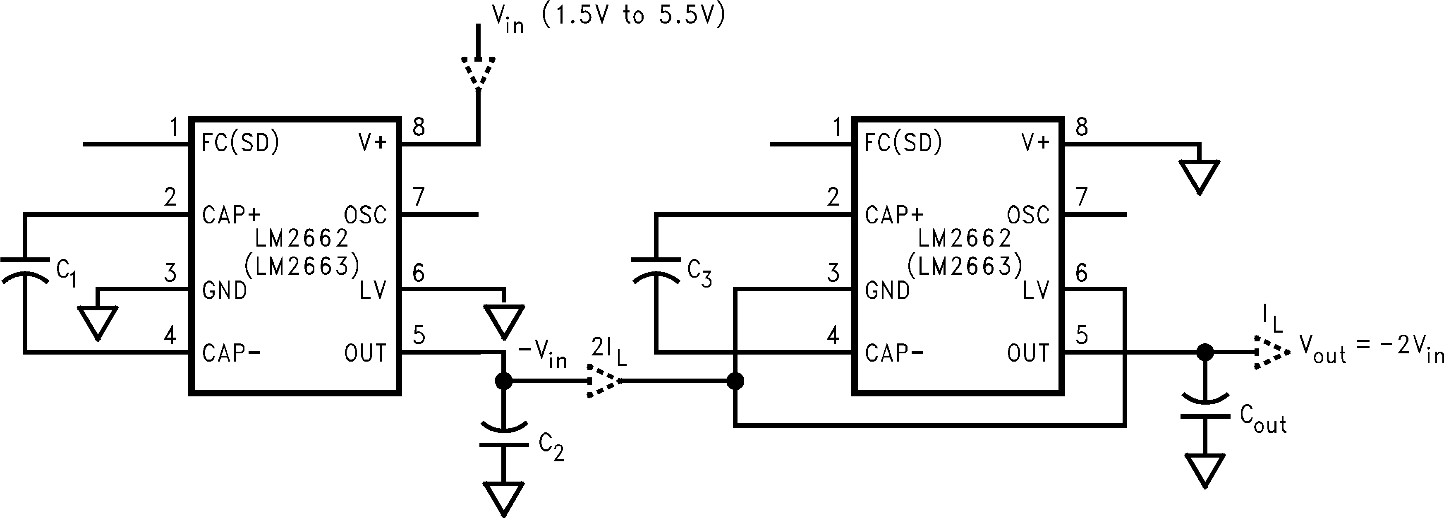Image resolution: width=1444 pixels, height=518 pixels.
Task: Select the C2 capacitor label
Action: (551, 447)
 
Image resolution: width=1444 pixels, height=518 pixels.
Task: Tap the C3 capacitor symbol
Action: (655, 269)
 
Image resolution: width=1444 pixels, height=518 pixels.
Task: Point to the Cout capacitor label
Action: (1262, 420)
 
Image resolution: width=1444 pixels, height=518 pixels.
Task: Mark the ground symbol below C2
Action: (503, 498)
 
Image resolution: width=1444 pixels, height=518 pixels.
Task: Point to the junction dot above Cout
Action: (1205, 353)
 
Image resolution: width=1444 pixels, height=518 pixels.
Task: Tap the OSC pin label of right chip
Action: (1027, 215)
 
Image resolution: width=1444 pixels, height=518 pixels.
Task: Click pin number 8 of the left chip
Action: (419, 128)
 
